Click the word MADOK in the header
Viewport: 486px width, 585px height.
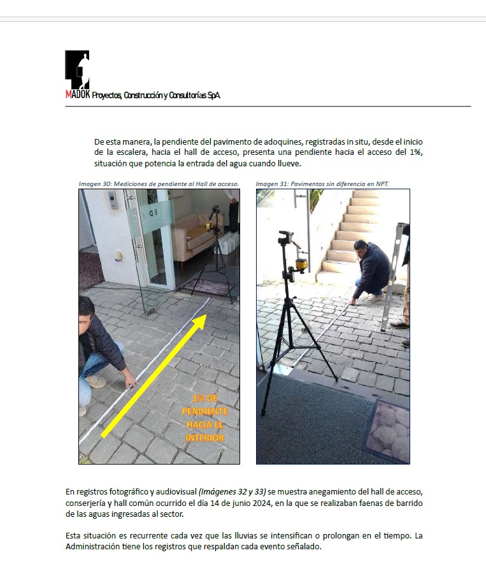(x=78, y=95)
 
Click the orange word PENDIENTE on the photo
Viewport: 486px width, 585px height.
(x=204, y=412)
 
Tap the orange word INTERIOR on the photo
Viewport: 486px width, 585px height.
(x=204, y=438)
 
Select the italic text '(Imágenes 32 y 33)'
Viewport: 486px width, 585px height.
(x=232, y=492)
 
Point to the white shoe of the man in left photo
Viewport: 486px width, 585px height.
(x=96, y=381)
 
